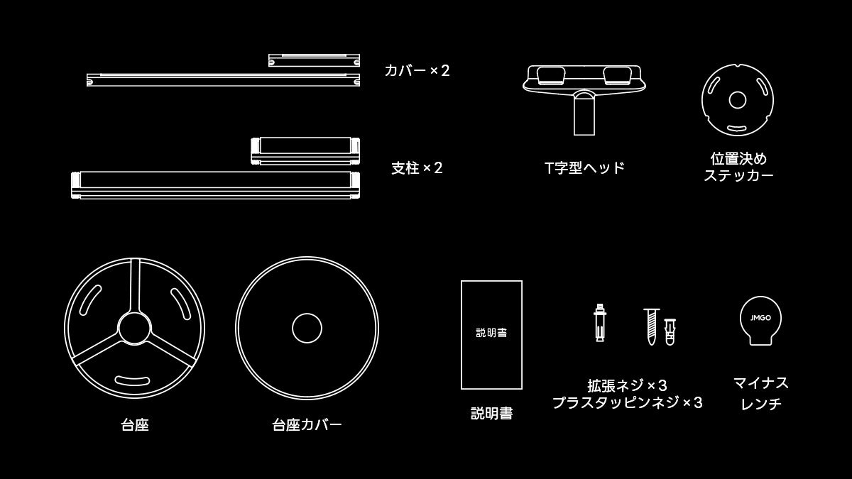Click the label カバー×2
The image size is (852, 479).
(417, 71)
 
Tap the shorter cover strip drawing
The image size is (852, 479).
(314, 60)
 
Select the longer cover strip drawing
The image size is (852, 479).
(223, 79)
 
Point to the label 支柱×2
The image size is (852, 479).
(417, 168)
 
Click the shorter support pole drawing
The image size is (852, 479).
(305, 151)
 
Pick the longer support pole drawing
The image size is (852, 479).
(215, 185)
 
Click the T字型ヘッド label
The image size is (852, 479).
(584, 167)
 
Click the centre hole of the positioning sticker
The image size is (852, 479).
(738, 100)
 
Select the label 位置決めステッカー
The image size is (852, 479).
(738, 167)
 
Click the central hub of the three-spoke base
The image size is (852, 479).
(134, 329)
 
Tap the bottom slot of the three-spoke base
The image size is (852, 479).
(132, 380)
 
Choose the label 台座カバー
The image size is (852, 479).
(307, 425)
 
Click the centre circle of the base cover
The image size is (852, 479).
(307, 328)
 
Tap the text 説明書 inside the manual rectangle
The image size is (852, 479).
(491, 333)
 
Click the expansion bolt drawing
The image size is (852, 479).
(599, 322)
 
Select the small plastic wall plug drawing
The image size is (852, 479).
(670, 332)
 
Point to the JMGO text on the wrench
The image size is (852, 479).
(760, 318)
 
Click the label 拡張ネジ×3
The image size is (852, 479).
(627, 386)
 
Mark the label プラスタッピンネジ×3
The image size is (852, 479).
(627, 402)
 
